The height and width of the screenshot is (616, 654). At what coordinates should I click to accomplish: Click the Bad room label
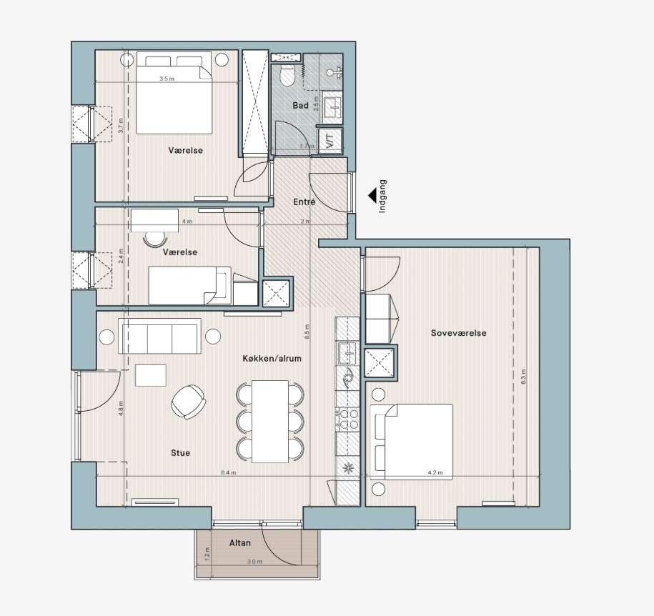click(300, 106)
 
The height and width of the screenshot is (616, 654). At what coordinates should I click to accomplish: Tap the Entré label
click(304, 202)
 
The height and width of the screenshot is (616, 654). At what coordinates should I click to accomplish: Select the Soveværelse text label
click(458, 333)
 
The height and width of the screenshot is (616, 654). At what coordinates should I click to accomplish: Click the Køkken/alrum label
click(272, 358)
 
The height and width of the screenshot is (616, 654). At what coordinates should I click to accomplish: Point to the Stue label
click(181, 452)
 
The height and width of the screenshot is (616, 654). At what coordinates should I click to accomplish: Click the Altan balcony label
click(240, 542)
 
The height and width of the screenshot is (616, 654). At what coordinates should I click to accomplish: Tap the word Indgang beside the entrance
click(382, 197)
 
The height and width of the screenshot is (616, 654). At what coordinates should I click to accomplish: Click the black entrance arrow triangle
click(372, 195)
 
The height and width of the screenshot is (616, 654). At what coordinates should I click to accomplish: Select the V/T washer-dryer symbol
click(330, 140)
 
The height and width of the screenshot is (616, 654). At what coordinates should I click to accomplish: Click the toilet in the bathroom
click(287, 74)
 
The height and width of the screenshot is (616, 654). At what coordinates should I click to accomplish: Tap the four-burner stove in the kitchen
click(348, 419)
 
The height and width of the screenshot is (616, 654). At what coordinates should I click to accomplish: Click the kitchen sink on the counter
click(347, 353)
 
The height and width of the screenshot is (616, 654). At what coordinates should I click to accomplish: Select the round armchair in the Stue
click(189, 402)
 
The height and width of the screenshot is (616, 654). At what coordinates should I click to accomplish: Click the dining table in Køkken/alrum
click(270, 421)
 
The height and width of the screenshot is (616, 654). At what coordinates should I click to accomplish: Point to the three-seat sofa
click(159, 336)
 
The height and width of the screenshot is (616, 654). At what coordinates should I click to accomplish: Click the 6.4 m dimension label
click(229, 472)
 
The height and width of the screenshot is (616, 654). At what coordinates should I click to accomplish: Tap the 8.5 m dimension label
click(307, 331)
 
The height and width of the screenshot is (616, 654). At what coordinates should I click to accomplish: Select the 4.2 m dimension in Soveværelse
click(435, 472)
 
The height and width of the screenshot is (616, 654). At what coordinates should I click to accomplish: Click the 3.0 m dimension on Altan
click(254, 562)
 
